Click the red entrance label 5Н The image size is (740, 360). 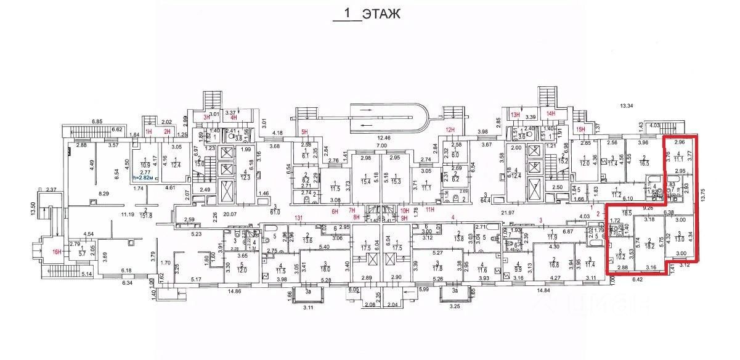click(304, 131)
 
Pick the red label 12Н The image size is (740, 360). click(450, 129)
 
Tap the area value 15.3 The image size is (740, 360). click(395, 181)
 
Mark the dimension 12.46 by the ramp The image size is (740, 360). click(384, 137)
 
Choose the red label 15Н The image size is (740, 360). click(580, 129)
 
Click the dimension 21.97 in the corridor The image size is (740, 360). click(508, 213)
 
